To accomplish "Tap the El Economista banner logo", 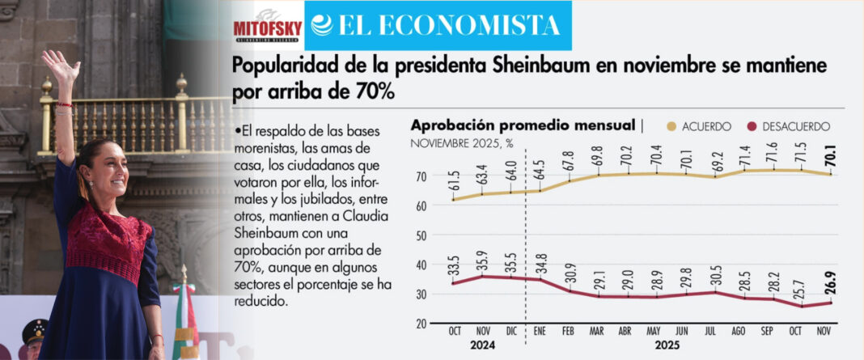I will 438,25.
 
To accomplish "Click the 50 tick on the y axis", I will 420,235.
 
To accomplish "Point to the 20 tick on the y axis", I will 420,324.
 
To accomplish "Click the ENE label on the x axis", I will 540,331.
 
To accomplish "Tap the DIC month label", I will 511,331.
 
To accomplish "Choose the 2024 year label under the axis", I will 483,343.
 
